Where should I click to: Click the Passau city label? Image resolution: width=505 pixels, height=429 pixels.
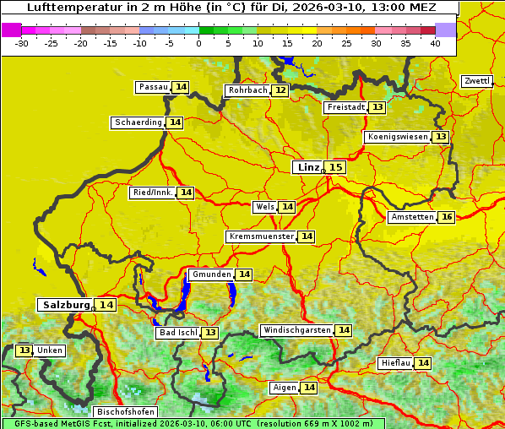[x=153, y=87]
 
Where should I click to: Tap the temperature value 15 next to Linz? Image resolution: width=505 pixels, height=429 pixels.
[x=336, y=167]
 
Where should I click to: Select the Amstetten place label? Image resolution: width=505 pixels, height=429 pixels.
[x=412, y=217]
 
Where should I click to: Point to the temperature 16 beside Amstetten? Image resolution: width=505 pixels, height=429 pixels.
[x=447, y=217]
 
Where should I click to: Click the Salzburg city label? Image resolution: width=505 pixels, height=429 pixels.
[x=65, y=305]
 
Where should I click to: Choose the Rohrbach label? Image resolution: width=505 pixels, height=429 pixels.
[x=247, y=90]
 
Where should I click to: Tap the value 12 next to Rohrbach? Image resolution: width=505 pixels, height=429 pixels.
[x=280, y=90]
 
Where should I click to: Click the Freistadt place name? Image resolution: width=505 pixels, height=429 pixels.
[x=345, y=107]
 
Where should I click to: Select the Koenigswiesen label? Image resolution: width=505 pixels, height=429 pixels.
[x=397, y=137]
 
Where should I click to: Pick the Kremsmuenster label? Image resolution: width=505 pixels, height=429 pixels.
[x=261, y=236]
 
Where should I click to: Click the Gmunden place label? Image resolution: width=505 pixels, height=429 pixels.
[x=210, y=274]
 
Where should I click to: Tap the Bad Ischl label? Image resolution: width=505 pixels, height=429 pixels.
[x=178, y=333]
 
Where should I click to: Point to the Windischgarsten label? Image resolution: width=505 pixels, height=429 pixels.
[x=296, y=330]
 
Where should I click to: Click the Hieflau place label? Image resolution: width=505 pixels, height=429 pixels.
[x=395, y=363]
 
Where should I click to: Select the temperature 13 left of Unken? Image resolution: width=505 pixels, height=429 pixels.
[x=24, y=350]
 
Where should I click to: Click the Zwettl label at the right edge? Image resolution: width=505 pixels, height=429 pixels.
[x=476, y=81]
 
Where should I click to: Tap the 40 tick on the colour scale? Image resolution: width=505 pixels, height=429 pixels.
[x=435, y=42]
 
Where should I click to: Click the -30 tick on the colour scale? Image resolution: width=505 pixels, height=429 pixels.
[x=22, y=42]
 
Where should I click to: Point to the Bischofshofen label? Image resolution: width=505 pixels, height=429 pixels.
[x=124, y=412]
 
